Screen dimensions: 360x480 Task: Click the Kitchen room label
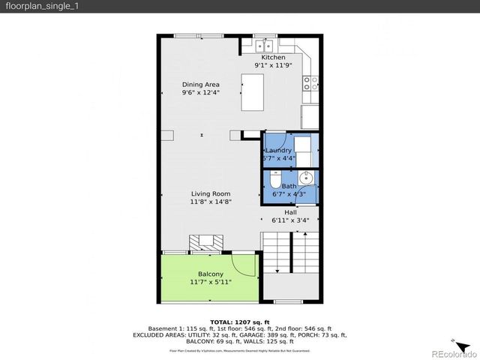point(273,58)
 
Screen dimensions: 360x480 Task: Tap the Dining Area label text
point(201,85)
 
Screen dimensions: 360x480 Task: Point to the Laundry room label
point(278,151)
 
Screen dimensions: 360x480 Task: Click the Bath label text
point(289,186)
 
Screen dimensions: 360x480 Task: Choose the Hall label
point(290,212)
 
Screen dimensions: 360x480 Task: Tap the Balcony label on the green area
point(210,274)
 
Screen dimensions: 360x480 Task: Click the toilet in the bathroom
point(275,181)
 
